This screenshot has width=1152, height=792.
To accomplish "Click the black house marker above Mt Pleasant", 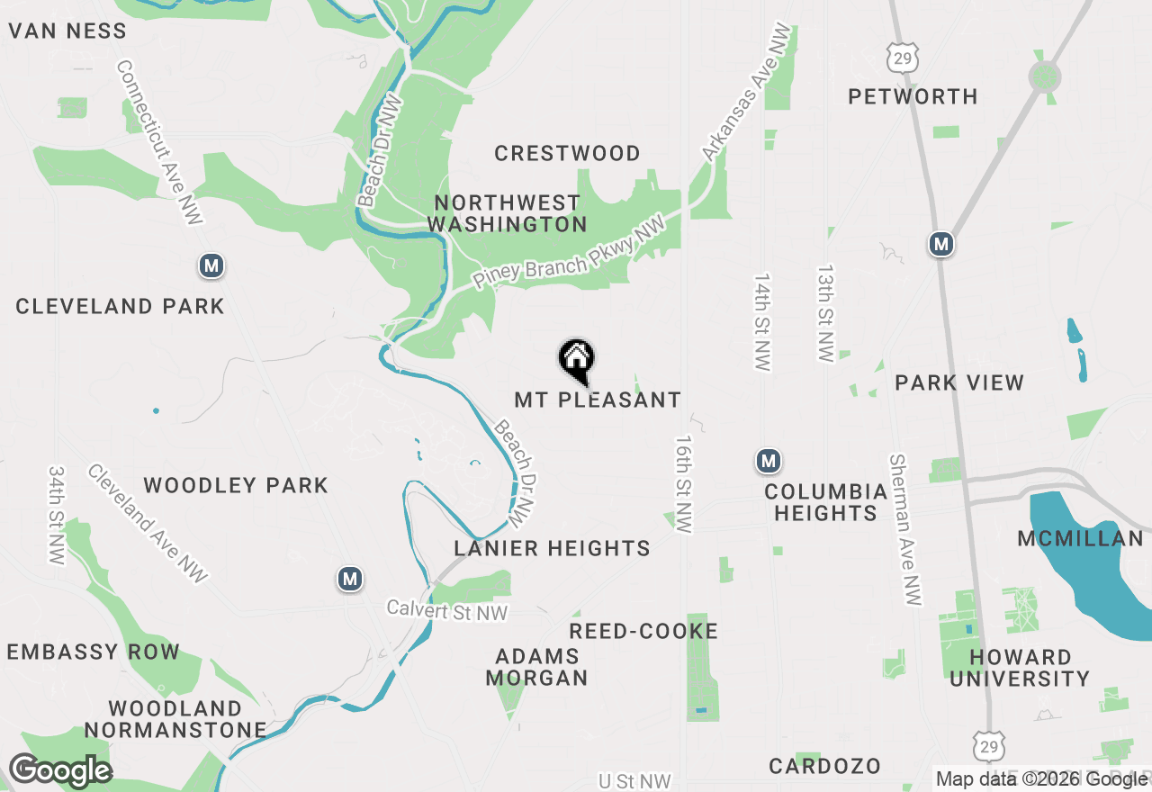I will [577, 360].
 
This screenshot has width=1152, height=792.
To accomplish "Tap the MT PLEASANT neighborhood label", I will [598, 400].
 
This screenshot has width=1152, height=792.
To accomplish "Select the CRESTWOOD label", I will [567, 153].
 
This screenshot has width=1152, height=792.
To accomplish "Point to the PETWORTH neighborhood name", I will [913, 96].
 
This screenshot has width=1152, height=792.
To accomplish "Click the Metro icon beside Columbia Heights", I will [768, 462].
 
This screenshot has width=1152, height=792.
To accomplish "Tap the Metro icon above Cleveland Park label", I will [211, 265].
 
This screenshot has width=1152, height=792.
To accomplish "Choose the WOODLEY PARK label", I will [236, 486].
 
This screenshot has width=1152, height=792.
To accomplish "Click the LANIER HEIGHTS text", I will [552, 548].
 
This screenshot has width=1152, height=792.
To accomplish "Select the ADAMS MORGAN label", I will [536, 667].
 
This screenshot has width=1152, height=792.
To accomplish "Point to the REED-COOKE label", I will [643, 632].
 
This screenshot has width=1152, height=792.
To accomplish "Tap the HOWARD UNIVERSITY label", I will [1020, 668].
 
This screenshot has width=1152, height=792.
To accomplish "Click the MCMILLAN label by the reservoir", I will [1080, 539].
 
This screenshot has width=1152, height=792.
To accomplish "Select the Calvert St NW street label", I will [447, 611].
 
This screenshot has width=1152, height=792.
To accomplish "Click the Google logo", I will [60, 771].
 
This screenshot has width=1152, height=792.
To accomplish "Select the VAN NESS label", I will [67, 31].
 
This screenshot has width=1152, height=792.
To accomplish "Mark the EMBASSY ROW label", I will [94, 652].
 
